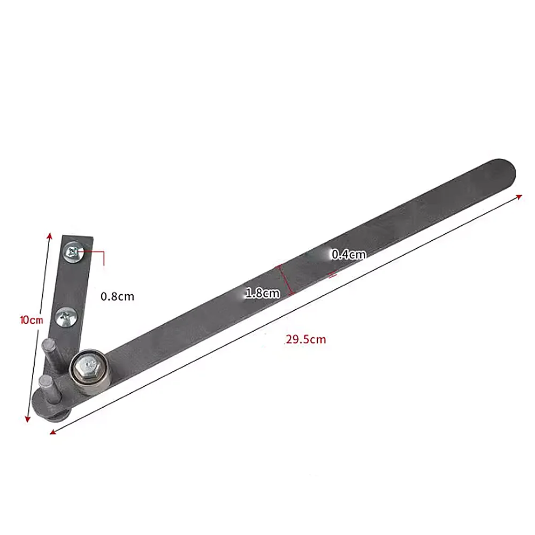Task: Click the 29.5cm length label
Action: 305,339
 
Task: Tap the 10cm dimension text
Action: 31,320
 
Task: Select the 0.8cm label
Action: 117,296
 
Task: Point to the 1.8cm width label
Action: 262,293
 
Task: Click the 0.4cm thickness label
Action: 348,255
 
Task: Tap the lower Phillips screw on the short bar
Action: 67,318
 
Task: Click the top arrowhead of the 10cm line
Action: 50,235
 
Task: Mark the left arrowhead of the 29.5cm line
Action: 52,432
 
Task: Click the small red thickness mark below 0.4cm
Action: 332,275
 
